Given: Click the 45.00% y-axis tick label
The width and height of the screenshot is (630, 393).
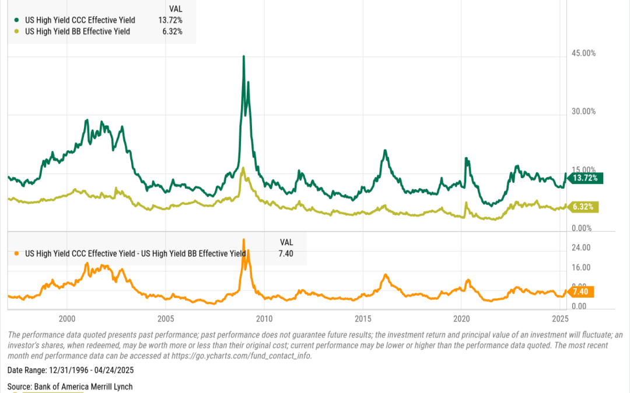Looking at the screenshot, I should (583, 54).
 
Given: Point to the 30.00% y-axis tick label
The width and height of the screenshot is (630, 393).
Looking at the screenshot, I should (583, 111).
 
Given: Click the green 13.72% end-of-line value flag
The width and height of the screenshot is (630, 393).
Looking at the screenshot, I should (585, 178).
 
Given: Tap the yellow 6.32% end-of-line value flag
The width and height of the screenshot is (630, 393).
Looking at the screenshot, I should (585, 207).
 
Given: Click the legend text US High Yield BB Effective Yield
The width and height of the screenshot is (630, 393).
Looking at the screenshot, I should (78, 31).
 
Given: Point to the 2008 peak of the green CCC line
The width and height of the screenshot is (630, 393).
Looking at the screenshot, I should (243, 56).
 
